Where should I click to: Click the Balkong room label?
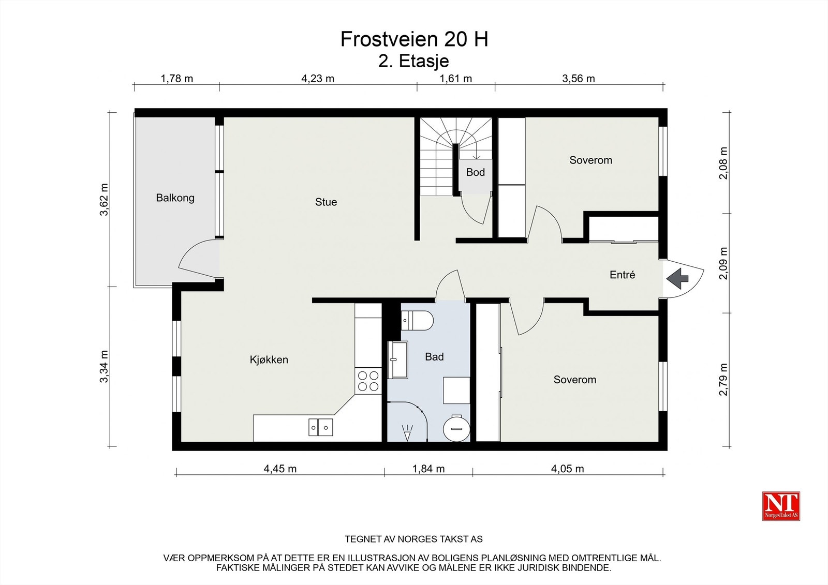pos(175,198)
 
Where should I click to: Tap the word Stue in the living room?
pos(326,202)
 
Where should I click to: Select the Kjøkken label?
pos(269,359)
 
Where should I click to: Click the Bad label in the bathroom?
pos(434,356)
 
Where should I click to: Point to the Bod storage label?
pos(476,172)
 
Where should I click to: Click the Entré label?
pos(623,275)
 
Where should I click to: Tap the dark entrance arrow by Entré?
pos(677,279)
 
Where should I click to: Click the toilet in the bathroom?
pos(417,320)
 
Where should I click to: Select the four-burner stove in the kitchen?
pos(368,381)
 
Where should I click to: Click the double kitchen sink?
pos(320,427)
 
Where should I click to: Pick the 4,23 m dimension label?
pos(318,79)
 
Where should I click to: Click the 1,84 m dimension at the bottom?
pos(428,469)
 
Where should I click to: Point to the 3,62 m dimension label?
pos(105,200)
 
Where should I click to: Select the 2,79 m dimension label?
pos(723,380)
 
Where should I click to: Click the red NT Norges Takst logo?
pos(781,506)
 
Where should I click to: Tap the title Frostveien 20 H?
pos(415,39)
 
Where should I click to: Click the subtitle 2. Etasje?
pos(413,62)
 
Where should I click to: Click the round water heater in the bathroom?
pos(456,429)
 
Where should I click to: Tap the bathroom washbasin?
pos(398,360)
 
